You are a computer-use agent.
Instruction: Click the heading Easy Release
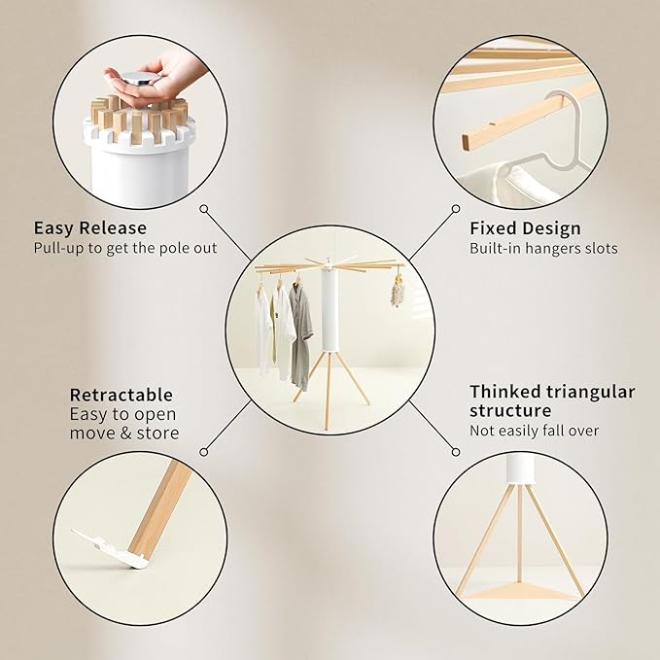point(90,228)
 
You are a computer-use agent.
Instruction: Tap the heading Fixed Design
point(525,228)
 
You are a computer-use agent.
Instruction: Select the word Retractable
point(122,396)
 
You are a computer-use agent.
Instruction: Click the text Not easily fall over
point(535,431)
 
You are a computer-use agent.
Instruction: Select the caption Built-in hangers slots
point(543,248)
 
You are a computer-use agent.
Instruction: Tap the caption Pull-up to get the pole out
point(125,248)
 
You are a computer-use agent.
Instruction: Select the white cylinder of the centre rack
point(330,309)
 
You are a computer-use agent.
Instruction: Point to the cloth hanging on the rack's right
point(396,292)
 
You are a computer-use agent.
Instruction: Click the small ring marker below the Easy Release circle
point(204,209)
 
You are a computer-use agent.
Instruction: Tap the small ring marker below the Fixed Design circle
point(456,209)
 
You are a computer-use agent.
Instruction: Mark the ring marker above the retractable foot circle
point(204,452)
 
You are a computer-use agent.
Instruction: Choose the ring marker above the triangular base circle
point(456,452)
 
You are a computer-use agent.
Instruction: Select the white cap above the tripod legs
point(521,469)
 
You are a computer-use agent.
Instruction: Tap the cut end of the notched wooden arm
point(467,142)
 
